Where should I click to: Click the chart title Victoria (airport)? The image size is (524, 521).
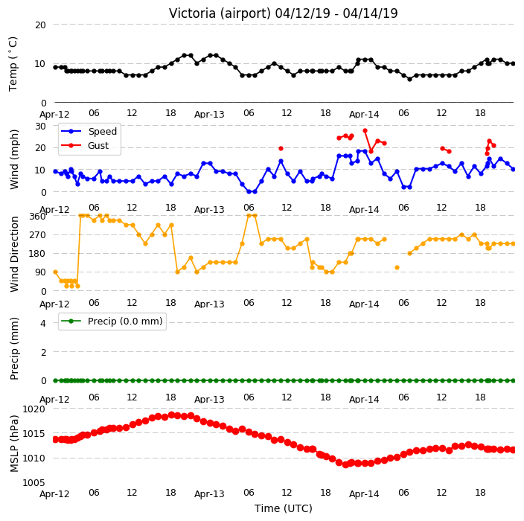(x=220, y=13)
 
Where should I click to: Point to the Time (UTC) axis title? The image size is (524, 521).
(x=284, y=508)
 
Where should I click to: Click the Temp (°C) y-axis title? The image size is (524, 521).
(x=13, y=64)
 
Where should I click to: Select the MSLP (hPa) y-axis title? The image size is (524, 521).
(x=13, y=444)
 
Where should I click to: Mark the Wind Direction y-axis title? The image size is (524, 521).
(x=13, y=255)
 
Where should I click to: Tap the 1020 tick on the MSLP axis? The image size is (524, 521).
(x=33, y=409)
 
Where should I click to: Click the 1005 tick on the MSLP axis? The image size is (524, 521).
(x=33, y=482)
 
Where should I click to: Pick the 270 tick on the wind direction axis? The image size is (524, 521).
(x=37, y=235)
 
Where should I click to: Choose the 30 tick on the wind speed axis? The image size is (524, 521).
(x=40, y=126)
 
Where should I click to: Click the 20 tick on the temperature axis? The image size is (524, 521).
(x=40, y=25)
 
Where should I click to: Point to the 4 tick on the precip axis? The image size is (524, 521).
(x=43, y=323)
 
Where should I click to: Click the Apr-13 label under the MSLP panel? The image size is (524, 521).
(x=209, y=493)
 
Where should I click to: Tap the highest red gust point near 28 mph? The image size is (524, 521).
(x=365, y=131)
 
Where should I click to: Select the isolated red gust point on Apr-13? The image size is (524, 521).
(x=281, y=148)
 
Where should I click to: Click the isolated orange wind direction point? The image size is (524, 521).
(x=397, y=267)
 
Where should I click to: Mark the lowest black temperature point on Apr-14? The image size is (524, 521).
(x=409, y=79)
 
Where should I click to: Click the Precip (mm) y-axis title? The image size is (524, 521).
(x=13, y=348)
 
